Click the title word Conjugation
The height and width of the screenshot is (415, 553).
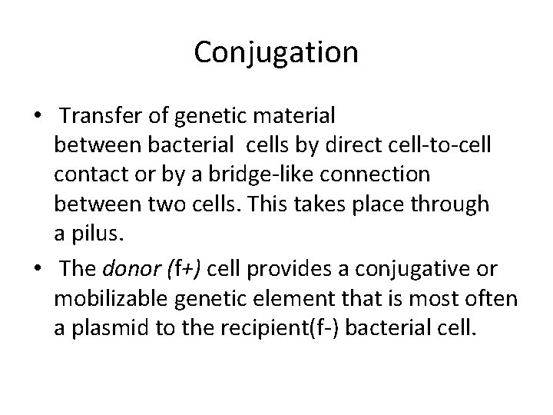(276, 53)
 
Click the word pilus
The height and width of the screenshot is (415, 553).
(94, 233)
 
